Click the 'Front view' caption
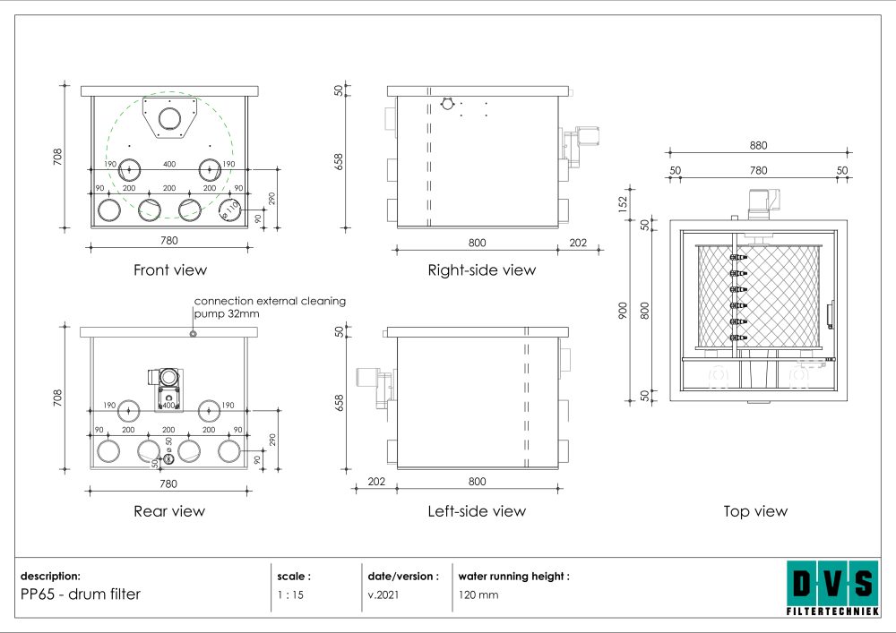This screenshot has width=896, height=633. pyautogui.click(x=169, y=270)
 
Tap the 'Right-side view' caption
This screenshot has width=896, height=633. pyautogui.click(x=482, y=270)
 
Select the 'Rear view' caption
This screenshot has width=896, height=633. pyautogui.click(x=169, y=511)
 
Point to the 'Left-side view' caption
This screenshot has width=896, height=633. pyautogui.click(x=477, y=511)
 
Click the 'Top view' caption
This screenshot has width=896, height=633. pyautogui.click(x=755, y=511)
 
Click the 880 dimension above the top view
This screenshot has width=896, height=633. pyautogui.click(x=758, y=146)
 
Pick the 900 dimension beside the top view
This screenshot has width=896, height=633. pyautogui.click(x=623, y=311)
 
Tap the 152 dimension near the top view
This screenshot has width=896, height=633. pyautogui.click(x=623, y=204)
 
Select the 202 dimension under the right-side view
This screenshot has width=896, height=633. pyautogui.click(x=578, y=243)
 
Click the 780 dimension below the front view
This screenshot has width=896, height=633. pyautogui.click(x=168, y=240)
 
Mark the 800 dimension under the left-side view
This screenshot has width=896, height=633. pyautogui.click(x=478, y=481)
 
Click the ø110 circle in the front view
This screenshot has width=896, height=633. pyautogui.click(x=230, y=210)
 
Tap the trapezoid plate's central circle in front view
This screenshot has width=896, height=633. pyautogui.click(x=169, y=119)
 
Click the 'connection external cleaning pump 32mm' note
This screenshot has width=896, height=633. pyautogui.click(x=270, y=307)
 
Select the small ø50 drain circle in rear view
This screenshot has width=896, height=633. pyautogui.click(x=168, y=458)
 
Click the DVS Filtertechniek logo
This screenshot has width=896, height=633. pyautogui.click(x=833, y=588)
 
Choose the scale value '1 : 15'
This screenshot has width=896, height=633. pyautogui.click(x=290, y=595)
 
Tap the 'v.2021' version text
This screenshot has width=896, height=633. pyautogui.click(x=383, y=595)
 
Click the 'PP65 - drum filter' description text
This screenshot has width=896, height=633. pyautogui.click(x=81, y=595)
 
